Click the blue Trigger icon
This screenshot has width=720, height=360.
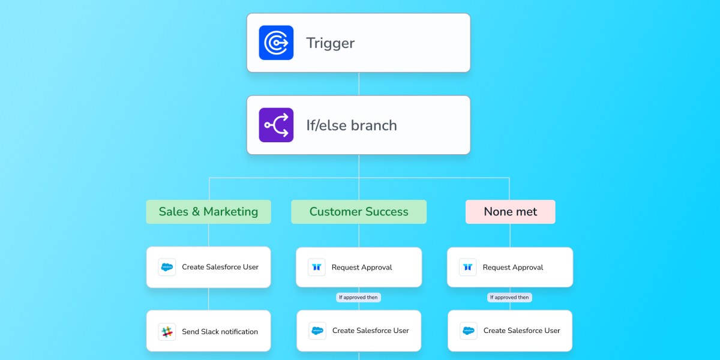(276, 43)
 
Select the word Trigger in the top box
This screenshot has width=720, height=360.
(330, 43)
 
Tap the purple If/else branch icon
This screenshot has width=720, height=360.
(276, 125)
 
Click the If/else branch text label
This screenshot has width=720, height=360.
(351, 125)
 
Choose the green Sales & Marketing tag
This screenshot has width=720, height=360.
(208, 212)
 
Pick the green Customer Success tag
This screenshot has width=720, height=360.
(359, 212)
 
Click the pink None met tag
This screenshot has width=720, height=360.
(510, 212)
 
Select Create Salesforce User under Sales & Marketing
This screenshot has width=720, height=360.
(220, 267)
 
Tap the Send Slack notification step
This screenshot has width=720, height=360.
(220, 331)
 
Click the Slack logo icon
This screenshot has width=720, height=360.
(167, 331)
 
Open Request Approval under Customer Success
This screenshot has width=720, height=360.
(361, 268)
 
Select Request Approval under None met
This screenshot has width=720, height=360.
(512, 268)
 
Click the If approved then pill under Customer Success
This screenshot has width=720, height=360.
(359, 297)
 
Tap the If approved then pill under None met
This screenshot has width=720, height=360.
(510, 297)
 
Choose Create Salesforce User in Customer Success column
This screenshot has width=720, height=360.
(370, 331)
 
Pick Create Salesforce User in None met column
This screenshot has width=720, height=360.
(521, 331)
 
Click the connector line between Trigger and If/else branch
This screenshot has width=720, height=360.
(359, 84)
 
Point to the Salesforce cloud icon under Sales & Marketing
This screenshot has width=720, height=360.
(167, 267)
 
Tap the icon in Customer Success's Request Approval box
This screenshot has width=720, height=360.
(316, 268)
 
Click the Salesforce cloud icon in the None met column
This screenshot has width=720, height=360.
(468, 331)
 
